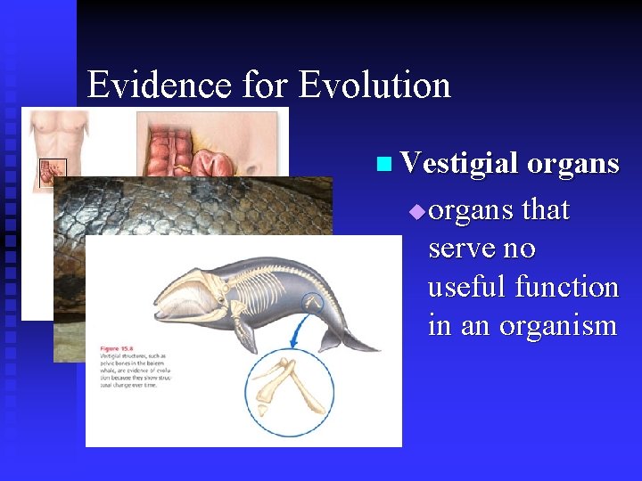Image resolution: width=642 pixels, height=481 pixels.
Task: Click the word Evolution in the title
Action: click(374, 86)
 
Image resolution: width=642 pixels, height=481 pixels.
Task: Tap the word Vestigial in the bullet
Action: click(459, 163)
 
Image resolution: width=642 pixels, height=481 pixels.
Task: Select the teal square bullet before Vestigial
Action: click(383, 164)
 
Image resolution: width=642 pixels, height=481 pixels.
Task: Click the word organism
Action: click(557, 325)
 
